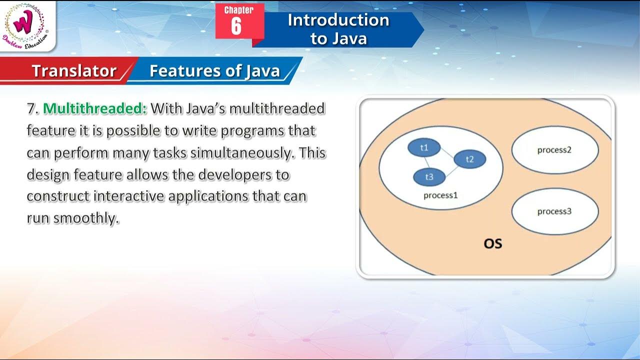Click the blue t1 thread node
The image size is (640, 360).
pyautogui.click(x=424, y=147)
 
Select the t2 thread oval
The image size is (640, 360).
pyautogui.click(x=469, y=159)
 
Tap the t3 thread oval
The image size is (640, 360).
pyautogui.click(x=429, y=177)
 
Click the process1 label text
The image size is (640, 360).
pyautogui.click(x=440, y=195)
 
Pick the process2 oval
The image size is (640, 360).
pyautogui.click(x=554, y=149)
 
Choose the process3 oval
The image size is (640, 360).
pyautogui.click(x=554, y=211)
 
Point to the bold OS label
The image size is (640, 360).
pyautogui.click(x=492, y=243)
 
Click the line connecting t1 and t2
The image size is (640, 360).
pyautogui.click(x=447, y=153)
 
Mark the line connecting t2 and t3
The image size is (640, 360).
pyautogui.click(x=449, y=169)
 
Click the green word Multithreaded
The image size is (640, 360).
pyautogui.click(x=95, y=108)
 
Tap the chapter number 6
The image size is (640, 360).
pyautogui.click(x=236, y=26)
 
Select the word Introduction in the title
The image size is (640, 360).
pyautogui.click(x=338, y=20)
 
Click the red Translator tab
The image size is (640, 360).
pyautogui.click(x=74, y=71)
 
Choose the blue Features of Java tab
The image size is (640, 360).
pyautogui.click(x=214, y=71)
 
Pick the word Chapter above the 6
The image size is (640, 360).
pyautogui.click(x=238, y=10)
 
